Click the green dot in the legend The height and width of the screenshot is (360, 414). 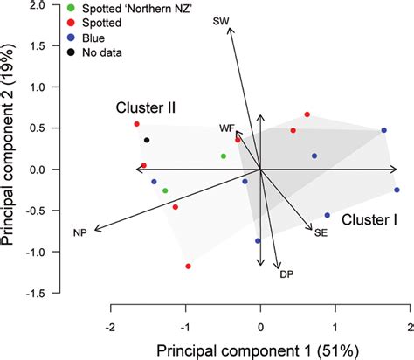point(70,8)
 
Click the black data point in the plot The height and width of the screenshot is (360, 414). point(147,140)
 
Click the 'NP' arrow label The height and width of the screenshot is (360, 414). point(79,232)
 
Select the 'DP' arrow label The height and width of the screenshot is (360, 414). point(286,274)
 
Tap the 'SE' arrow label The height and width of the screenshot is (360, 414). point(321,232)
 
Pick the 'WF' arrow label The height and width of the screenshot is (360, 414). point(227,128)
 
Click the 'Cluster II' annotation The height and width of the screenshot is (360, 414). point(147,107)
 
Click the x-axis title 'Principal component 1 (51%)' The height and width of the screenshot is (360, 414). point(260,350)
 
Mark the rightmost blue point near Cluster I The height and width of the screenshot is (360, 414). point(397,190)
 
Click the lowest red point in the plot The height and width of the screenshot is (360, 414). point(188,267)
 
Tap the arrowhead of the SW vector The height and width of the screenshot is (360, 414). point(230,29)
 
